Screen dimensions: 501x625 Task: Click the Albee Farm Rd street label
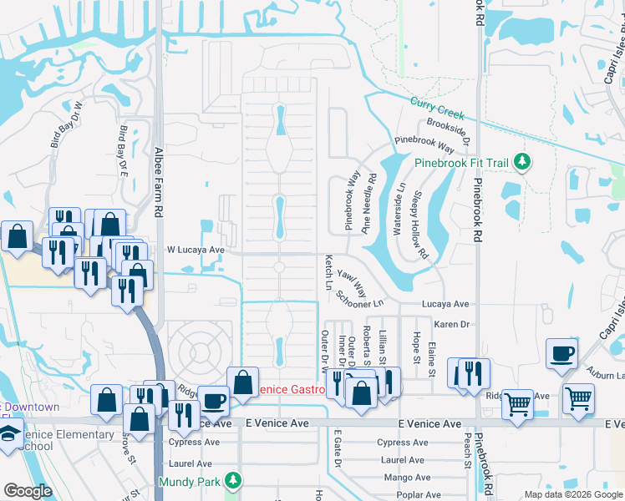coord(158,182)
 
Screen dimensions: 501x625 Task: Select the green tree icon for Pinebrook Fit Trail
coord(523,160)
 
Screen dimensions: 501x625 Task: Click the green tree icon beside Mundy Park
coord(235,481)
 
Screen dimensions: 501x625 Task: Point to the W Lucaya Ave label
coord(196,250)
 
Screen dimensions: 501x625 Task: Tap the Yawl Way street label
coord(353,284)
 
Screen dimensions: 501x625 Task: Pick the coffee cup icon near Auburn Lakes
coord(561,352)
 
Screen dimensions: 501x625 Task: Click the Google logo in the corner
coord(28,491)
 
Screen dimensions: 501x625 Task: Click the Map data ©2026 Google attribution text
coord(572,494)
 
